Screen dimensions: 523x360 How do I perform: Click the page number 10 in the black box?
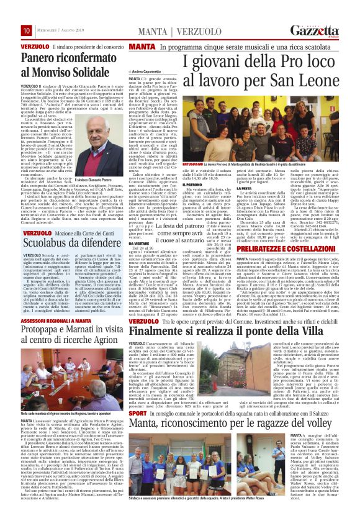pyautogui.click(x=9, y=30)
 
